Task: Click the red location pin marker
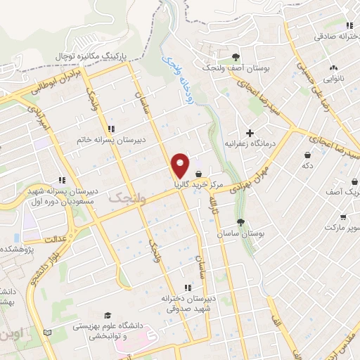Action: (x=181, y=165)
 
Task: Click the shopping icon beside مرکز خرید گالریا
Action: (x=199, y=174)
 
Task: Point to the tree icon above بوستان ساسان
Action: (x=240, y=222)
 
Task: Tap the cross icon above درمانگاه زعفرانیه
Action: (x=250, y=132)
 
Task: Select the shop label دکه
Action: (x=307, y=166)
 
